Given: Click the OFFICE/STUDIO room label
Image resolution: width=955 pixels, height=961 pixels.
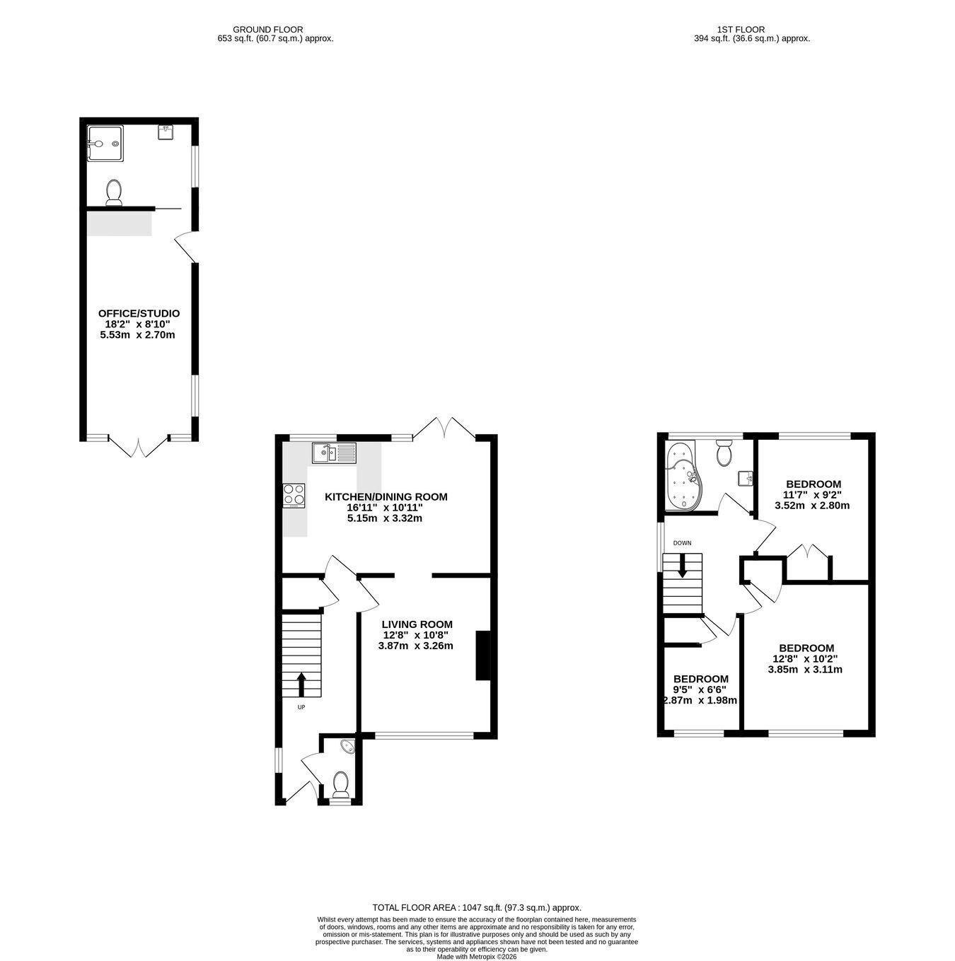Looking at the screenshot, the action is (139, 313).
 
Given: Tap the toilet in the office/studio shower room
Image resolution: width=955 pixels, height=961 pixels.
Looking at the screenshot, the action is (115, 192).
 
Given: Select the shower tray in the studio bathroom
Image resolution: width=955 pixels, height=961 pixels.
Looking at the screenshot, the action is (105, 144).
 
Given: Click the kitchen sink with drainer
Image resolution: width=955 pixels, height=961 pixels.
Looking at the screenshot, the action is (335, 453).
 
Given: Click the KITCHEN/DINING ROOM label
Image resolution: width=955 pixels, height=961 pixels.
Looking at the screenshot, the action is (386, 496).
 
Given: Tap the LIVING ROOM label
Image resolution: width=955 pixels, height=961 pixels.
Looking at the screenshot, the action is (417, 624).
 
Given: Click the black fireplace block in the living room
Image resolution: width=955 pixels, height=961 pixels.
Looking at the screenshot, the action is (482, 656).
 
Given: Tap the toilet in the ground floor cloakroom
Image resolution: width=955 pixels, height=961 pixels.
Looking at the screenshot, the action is (341, 784).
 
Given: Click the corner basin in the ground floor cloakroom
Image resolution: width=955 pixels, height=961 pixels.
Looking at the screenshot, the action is (348, 747).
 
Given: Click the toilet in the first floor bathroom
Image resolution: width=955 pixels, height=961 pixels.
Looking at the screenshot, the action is (724, 453).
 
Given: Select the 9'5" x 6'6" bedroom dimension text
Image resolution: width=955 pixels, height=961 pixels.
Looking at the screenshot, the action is (700, 689).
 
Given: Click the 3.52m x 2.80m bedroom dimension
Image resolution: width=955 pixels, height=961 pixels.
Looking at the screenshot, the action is (812, 505).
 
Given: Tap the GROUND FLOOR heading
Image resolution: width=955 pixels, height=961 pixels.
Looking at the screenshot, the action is (268, 30).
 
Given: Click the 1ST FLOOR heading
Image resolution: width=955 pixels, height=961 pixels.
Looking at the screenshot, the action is (741, 30).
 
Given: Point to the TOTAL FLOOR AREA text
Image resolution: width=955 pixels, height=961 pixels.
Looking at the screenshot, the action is (477, 908).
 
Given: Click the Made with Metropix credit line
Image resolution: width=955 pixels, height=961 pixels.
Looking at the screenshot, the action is (477, 957).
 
